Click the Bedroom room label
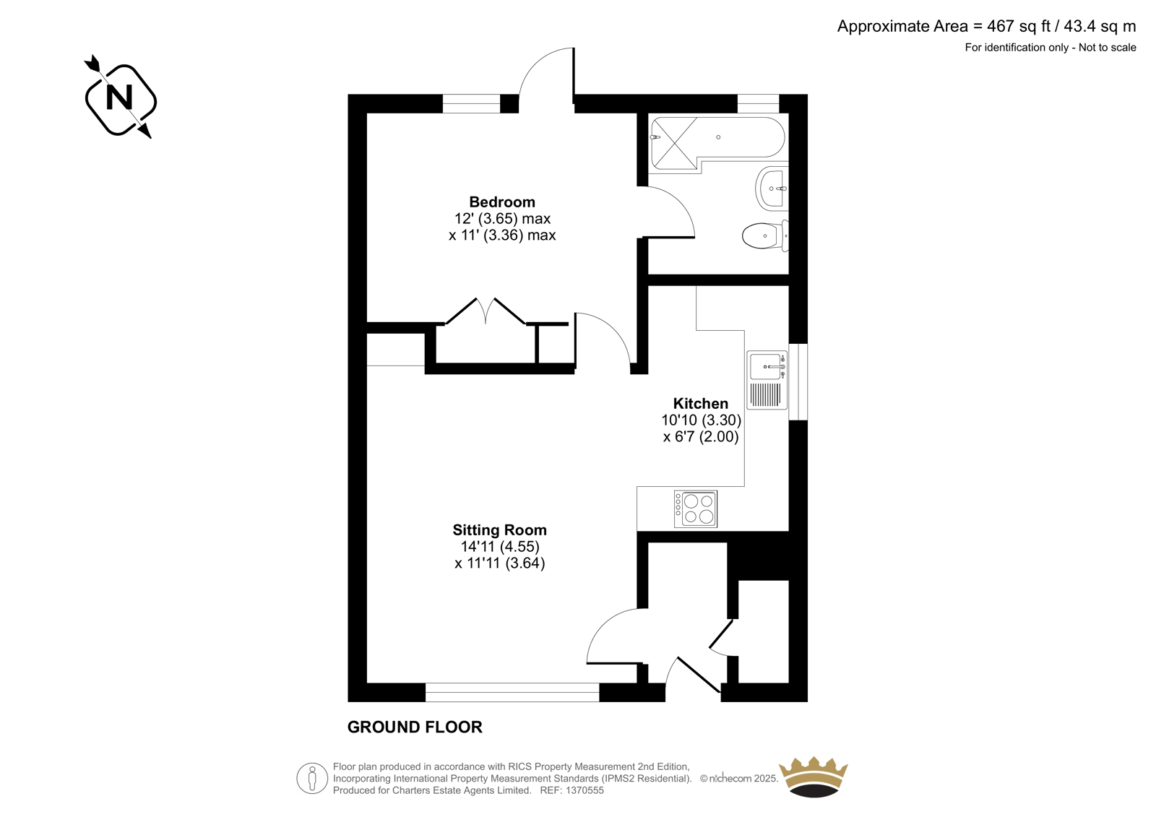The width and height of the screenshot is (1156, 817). pos(501,202)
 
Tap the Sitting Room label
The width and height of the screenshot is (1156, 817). pos(499,530)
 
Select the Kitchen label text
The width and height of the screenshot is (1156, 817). pos(700,404)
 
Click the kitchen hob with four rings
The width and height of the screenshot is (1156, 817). pos(696,509)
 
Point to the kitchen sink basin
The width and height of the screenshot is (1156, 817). pos(765,366)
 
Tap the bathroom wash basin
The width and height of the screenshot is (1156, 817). pos(772,189)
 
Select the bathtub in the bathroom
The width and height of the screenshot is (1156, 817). pos(718,143)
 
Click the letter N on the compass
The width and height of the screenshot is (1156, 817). pos(119,98)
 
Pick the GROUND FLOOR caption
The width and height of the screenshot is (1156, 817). pos(415,727)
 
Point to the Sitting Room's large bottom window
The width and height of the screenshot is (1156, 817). pos(512,693)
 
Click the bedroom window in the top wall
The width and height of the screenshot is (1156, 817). pos(471,104)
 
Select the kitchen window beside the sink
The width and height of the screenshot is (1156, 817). pos(798,381)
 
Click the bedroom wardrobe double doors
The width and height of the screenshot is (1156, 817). pos(486,311)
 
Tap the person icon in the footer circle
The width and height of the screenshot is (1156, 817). pos(311,778)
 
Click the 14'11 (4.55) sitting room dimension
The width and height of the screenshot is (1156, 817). pos(500,547)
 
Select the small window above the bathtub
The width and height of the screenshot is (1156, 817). pos(758,104)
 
